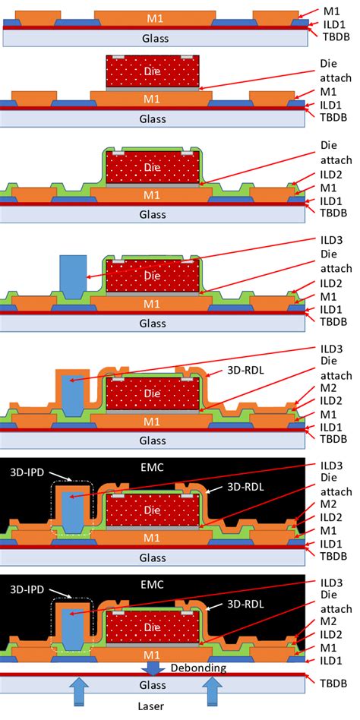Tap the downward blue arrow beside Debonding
tap(153, 667)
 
